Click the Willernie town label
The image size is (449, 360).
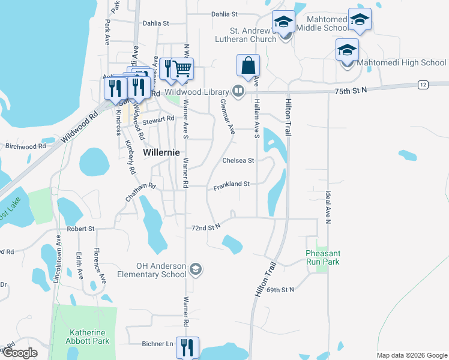tap(161, 152)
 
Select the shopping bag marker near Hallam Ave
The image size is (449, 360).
tap(248, 65)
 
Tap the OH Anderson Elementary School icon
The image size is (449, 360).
tap(195, 270)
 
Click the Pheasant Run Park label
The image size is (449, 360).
tap(322, 257)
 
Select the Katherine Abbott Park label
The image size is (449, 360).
tap(88, 337)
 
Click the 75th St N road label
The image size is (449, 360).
tap(351, 89)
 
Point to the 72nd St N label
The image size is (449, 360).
tap(206, 227)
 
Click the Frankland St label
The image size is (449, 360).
tap(231, 184)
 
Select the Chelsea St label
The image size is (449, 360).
tap(238, 160)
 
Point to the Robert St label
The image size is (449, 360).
tap(81, 229)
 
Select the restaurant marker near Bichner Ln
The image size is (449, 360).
tap(188, 347)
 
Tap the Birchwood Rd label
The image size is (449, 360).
tap(25, 146)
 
